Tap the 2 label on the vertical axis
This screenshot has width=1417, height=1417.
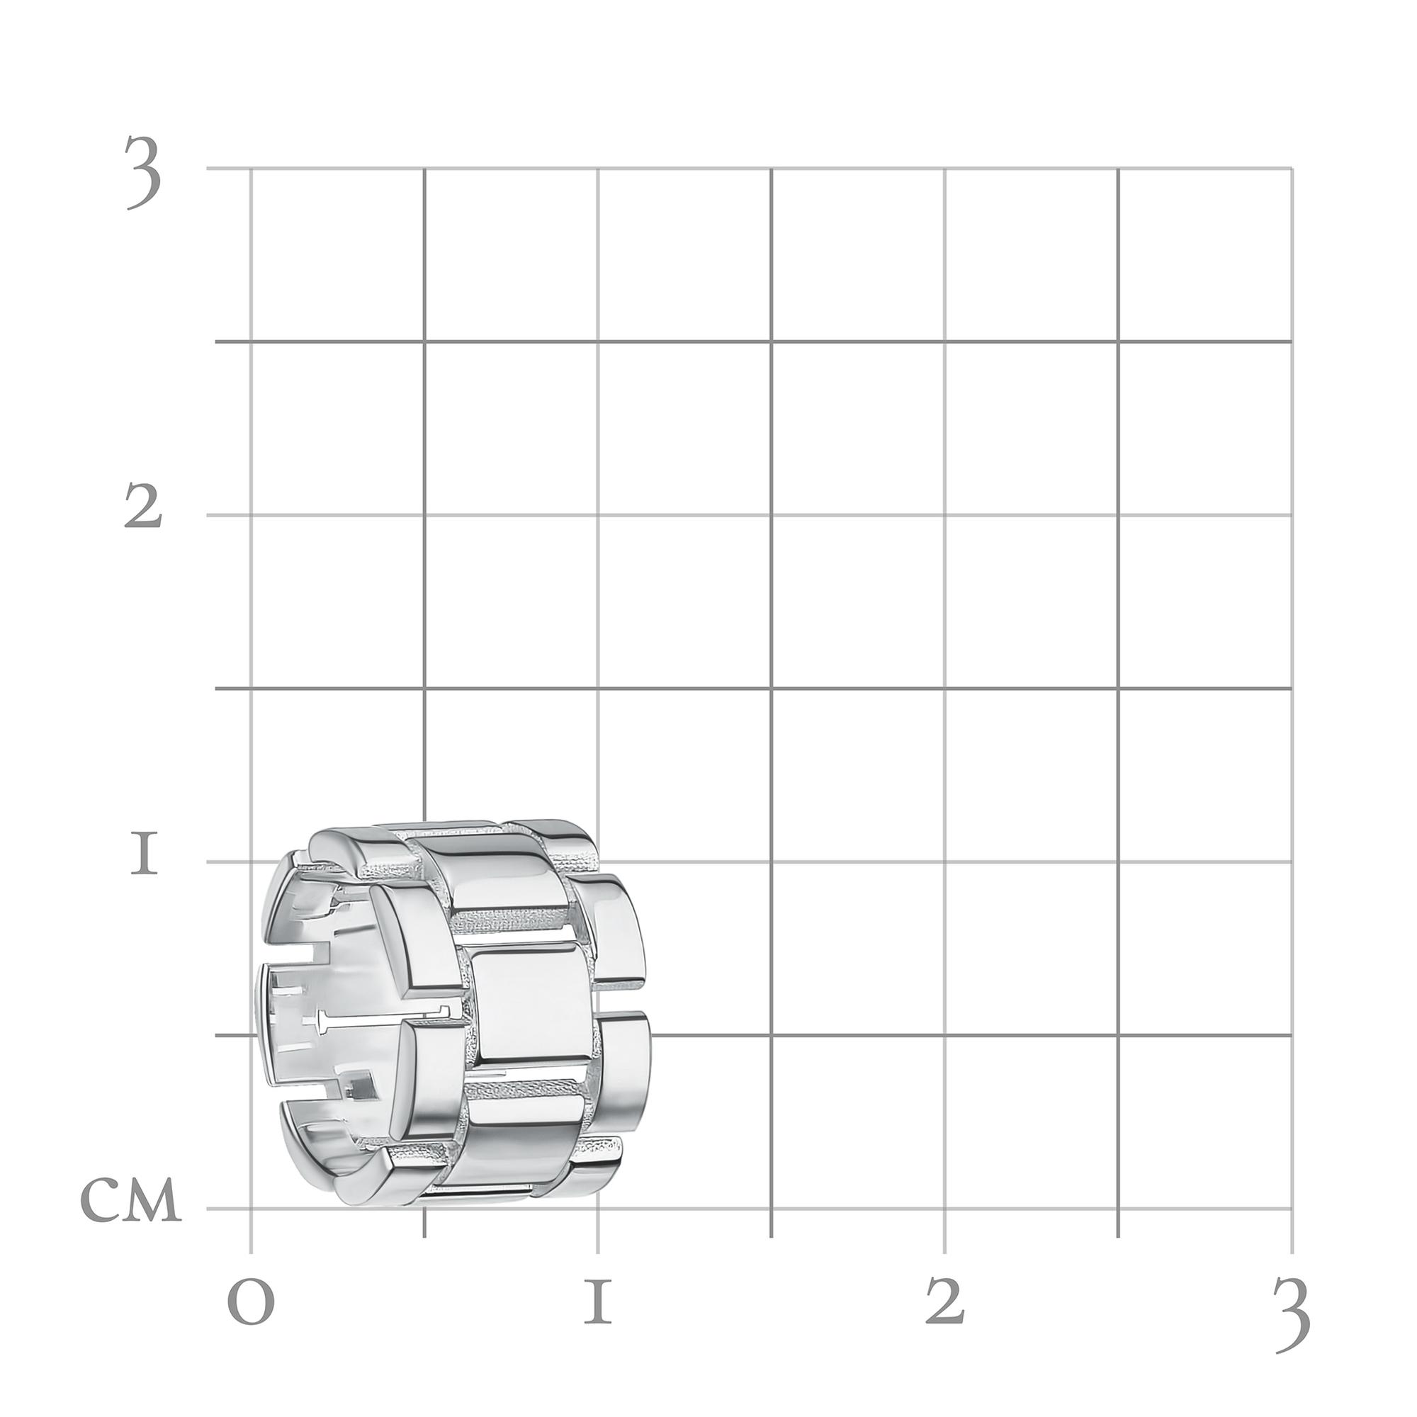coord(142,507)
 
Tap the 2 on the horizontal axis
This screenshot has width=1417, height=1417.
coord(944,1299)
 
